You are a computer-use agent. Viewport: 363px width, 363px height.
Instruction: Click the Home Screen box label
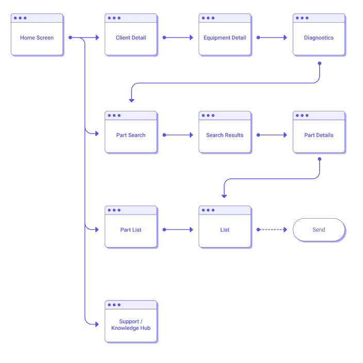click(x=37, y=38)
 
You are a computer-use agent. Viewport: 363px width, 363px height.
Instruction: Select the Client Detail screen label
click(x=130, y=38)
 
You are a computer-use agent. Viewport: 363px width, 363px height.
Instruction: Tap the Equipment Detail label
click(x=225, y=38)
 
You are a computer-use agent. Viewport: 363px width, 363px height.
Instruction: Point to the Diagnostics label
click(x=319, y=38)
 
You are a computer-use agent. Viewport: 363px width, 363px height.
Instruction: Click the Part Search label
click(x=130, y=135)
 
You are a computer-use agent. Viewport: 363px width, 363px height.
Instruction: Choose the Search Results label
click(x=225, y=135)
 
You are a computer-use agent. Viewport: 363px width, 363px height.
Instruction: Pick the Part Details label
click(x=319, y=135)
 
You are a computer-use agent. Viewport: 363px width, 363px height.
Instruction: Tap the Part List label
click(x=130, y=230)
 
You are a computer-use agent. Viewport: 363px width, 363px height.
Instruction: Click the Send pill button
click(x=319, y=230)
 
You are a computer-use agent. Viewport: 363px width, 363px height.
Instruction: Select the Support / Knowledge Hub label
click(x=130, y=325)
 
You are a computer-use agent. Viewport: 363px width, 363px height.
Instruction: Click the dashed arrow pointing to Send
click(x=272, y=230)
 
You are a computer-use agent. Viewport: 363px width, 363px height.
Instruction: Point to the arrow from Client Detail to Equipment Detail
click(x=178, y=38)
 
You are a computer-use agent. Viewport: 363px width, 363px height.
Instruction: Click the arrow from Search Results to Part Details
click(x=272, y=135)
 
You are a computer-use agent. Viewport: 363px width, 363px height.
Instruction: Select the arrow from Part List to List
click(x=178, y=230)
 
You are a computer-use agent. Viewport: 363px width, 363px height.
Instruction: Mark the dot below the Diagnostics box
click(x=319, y=63)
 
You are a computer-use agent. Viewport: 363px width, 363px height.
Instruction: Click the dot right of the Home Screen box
click(x=70, y=38)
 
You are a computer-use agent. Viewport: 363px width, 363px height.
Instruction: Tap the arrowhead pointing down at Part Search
click(x=131, y=100)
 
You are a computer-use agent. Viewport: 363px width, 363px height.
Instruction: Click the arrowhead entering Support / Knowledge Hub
click(x=96, y=324)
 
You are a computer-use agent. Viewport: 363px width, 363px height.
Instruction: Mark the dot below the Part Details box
click(x=319, y=159)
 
